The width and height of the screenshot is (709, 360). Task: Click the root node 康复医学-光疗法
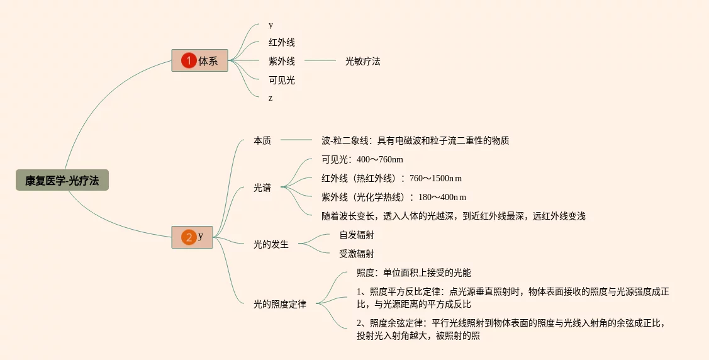[62, 181]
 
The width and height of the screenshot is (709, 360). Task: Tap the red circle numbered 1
[189, 61]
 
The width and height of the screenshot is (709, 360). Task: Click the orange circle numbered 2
[189, 237]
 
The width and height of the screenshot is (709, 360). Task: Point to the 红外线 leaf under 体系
[281, 43]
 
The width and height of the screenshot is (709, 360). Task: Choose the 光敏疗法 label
[362, 61]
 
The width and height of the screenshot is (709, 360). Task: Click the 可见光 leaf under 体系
[281, 80]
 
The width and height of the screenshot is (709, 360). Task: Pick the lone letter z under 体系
[271, 98]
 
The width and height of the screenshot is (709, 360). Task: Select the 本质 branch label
[262, 140]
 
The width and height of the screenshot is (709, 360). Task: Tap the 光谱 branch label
[262, 188]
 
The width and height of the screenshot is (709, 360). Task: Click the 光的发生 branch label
[271, 244]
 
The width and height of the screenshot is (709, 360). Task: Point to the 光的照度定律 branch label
[279, 305]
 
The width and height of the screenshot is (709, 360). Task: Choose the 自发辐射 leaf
[356, 235]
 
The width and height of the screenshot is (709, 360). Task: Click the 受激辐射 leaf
[356, 254]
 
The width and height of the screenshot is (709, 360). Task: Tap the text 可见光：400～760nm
[362, 159]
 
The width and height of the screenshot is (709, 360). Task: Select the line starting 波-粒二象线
[415, 140]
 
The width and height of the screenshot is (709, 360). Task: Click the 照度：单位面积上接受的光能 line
[413, 273]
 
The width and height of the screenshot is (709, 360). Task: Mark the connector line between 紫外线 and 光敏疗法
[320, 61]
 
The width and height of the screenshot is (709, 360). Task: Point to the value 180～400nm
[442, 197]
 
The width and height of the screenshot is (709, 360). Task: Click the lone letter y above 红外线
[271, 25]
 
